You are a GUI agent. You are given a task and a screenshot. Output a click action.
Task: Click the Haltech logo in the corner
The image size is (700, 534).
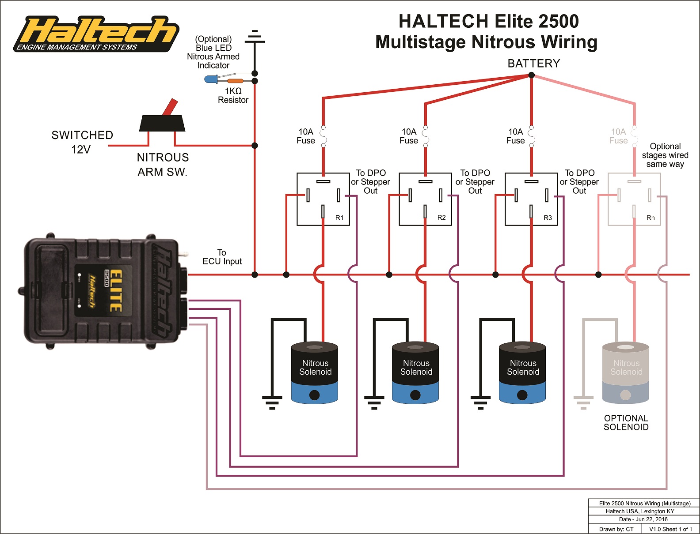(95, 34)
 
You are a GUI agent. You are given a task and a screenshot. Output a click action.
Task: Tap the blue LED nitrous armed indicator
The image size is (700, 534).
(211, 79)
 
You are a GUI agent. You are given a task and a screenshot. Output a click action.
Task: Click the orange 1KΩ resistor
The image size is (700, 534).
(236, 81)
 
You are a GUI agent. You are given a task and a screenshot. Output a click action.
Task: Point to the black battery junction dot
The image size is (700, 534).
(531, 75)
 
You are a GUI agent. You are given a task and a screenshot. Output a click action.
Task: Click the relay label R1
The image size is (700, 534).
(339, 218)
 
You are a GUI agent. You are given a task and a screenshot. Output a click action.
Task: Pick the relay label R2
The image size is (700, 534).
(441, 218)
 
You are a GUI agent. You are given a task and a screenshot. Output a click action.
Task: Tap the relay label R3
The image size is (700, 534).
(548, 218)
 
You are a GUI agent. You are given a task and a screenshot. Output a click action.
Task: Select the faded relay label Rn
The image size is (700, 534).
(651, 218)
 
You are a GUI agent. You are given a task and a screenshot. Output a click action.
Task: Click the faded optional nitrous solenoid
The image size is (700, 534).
(625, 372)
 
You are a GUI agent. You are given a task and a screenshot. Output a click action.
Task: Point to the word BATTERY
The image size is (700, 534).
(534, 64)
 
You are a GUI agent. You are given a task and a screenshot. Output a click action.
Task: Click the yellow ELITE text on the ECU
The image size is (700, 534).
(116, 290)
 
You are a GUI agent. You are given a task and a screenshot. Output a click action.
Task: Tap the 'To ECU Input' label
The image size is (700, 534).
(222, 257)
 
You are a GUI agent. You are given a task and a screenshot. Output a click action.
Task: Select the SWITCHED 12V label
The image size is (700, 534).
(82, 142)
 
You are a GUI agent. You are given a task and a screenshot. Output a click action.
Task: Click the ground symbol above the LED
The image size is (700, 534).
(255, 36)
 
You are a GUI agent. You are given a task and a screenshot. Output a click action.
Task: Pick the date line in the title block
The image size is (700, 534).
(643, 519)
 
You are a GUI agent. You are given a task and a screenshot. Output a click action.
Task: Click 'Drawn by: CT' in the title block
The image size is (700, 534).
(616, 529)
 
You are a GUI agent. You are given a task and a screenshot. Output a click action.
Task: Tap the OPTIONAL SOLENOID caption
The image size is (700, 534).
(626, 422)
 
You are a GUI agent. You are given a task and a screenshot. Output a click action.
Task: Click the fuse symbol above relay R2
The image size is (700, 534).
(426, 136)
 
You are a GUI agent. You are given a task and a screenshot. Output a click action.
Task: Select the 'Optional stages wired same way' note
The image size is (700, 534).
(665, 155)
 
